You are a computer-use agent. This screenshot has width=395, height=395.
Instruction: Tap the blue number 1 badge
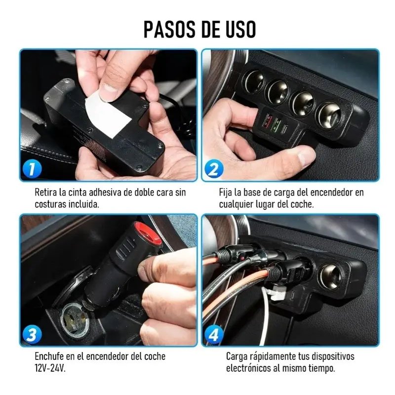tap(32, 169)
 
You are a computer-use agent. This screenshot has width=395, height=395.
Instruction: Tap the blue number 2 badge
tap(214, 169)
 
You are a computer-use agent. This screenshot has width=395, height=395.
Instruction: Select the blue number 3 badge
tap(32, 335)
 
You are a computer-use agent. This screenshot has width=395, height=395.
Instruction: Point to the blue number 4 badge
tap(214, 335)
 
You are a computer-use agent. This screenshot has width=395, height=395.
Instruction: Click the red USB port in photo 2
tap(268, 120)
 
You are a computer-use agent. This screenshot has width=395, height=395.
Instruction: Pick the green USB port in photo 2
tap(276, 124)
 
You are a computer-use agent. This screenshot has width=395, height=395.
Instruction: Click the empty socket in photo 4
tap(330, 277)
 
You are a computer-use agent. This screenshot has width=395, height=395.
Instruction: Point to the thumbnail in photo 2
tap(306, 158)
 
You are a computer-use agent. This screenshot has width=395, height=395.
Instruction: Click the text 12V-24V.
tap(50, 368)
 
